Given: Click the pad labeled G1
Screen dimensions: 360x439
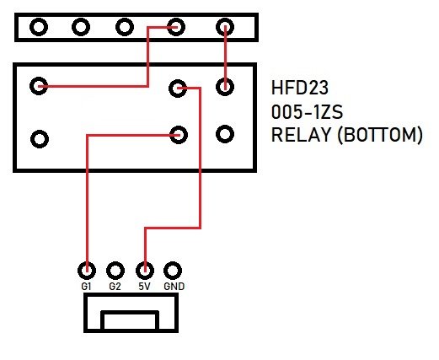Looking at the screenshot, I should tap(86, 271).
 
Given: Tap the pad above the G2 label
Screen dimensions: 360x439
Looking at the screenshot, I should tap(115, 271).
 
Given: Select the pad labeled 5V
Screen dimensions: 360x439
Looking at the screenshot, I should tap(145, 271).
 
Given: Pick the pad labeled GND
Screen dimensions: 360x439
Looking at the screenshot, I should tap(174, 271).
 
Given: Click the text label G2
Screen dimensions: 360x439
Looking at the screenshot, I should tap(115, 287).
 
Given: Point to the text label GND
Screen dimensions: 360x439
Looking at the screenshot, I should tap(174, 287).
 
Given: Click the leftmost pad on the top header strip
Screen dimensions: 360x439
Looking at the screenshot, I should tap(38, 26).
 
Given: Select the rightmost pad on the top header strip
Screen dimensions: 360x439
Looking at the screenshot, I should tap(225, 26).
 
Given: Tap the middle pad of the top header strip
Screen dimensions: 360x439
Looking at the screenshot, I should tap(125, 26).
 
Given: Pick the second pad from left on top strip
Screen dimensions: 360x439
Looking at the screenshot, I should tap(81, 26).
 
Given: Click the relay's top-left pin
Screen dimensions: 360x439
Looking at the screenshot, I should tap(38, 85).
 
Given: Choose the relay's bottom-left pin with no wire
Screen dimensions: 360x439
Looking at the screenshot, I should tap(38, 137).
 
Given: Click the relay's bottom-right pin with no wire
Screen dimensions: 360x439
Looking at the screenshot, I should tap(225, 133).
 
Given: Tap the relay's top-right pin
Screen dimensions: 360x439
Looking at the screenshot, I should tap(225, 85).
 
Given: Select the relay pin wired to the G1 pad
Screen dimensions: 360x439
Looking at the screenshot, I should tap(178, 133).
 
